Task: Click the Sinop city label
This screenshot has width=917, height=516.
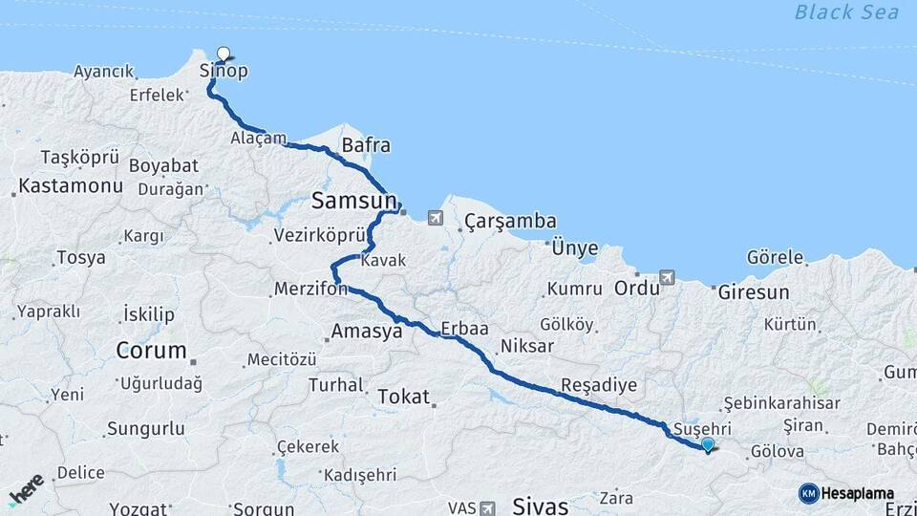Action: (224, 72)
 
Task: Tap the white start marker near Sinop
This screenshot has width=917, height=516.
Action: (224, 54)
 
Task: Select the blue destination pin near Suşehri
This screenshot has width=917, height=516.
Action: (707, 444)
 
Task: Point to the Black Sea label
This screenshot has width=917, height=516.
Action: (846, 12)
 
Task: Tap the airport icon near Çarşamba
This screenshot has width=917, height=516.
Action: (437, 218)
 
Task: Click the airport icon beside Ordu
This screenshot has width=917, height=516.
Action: (666, 277)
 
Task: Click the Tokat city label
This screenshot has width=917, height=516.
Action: (404, 397)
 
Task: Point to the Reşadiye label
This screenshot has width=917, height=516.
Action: (598, 383)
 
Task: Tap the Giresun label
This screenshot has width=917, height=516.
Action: (754, 292)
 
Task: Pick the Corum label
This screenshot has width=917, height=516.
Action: (151, 351)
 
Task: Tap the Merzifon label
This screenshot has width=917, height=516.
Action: (309, 288)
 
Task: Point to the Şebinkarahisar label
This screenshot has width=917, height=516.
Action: (782, 403)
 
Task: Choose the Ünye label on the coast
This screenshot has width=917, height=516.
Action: (575, 249)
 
